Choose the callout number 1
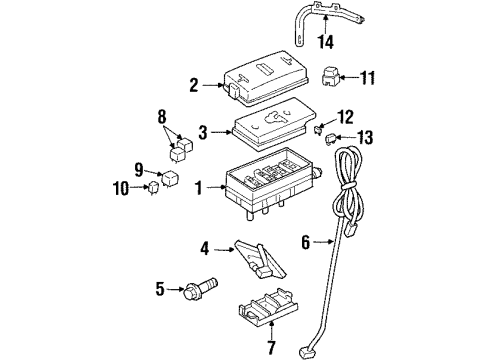[201, 186]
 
